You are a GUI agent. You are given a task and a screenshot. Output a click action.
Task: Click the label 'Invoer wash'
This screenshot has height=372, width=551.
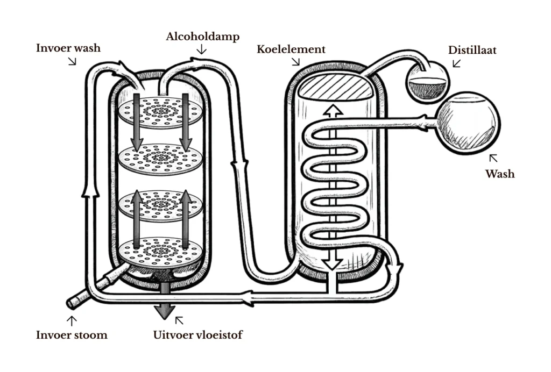[68, 48]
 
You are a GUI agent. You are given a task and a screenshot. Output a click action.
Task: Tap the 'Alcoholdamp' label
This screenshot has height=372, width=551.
[203, 37]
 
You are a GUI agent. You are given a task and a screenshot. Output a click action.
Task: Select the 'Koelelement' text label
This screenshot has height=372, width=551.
[291, 49]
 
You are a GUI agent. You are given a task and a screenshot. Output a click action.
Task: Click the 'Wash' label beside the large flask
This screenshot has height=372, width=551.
[500, 174]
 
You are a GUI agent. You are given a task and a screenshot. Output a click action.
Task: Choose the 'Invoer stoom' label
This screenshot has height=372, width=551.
[72, 335]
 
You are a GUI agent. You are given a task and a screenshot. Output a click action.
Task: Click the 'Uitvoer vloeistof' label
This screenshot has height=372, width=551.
[198, 335]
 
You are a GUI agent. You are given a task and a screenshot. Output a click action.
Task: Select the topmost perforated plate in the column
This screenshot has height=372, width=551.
[161, 112]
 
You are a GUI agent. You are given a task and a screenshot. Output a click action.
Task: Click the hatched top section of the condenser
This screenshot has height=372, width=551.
[334, 87]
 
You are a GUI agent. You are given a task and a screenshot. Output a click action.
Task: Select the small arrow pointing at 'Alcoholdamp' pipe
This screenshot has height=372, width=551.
[202, 50]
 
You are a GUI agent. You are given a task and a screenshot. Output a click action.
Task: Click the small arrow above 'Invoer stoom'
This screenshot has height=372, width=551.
[71, 321]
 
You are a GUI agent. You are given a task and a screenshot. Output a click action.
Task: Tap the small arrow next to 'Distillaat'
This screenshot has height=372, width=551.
[456, 63]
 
